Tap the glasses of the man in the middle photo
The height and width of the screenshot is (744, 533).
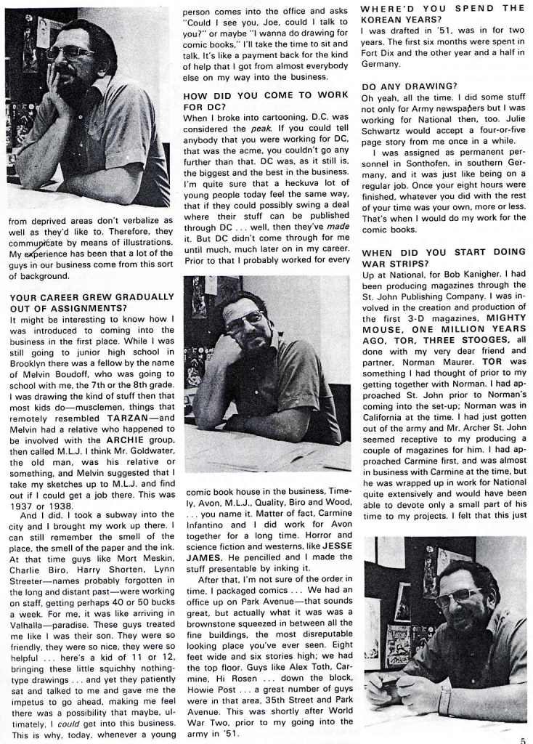[244, 318]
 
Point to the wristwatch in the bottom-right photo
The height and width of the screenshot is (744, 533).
[444, 699]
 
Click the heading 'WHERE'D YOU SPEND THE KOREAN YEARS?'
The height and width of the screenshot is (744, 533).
[443, 14]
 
